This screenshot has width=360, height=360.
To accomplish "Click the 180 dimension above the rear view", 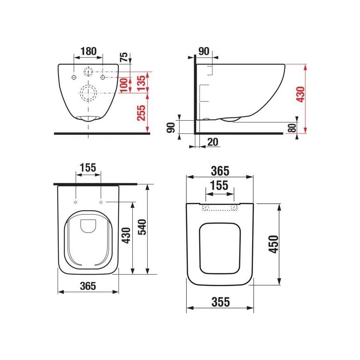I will pos(88,51).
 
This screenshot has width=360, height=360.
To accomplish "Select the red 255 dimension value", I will pos(141,112).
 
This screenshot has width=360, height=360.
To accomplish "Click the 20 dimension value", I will pos(212,142).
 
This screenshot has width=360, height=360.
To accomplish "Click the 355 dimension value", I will pos(220,302).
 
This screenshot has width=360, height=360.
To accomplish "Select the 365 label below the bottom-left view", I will pos(88,286).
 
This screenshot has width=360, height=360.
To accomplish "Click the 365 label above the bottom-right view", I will pos(220,171).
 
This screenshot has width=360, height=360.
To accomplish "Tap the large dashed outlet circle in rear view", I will pos(88,93).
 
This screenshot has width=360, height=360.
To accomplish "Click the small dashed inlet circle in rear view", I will pos(88,71).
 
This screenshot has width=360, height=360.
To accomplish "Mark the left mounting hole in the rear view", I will pos(74,78).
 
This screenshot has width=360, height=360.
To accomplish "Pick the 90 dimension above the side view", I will pos(204,51).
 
